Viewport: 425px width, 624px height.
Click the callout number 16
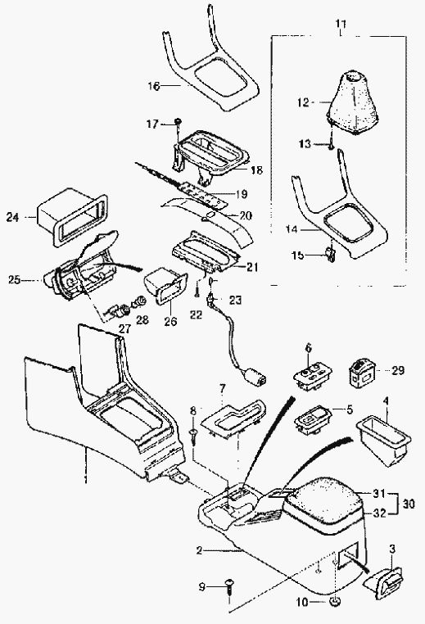point(154,86)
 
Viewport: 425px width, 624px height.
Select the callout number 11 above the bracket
point(340,25)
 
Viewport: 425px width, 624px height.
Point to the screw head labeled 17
point(179,120)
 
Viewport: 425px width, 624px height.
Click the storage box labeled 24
point(71,216)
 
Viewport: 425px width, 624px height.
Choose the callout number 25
point(14,280)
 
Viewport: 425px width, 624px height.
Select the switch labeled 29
point(361,372)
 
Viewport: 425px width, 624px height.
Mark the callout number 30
point(409,504)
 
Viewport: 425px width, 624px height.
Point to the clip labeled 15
point(330,255)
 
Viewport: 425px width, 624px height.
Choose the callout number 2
point(199,550)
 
